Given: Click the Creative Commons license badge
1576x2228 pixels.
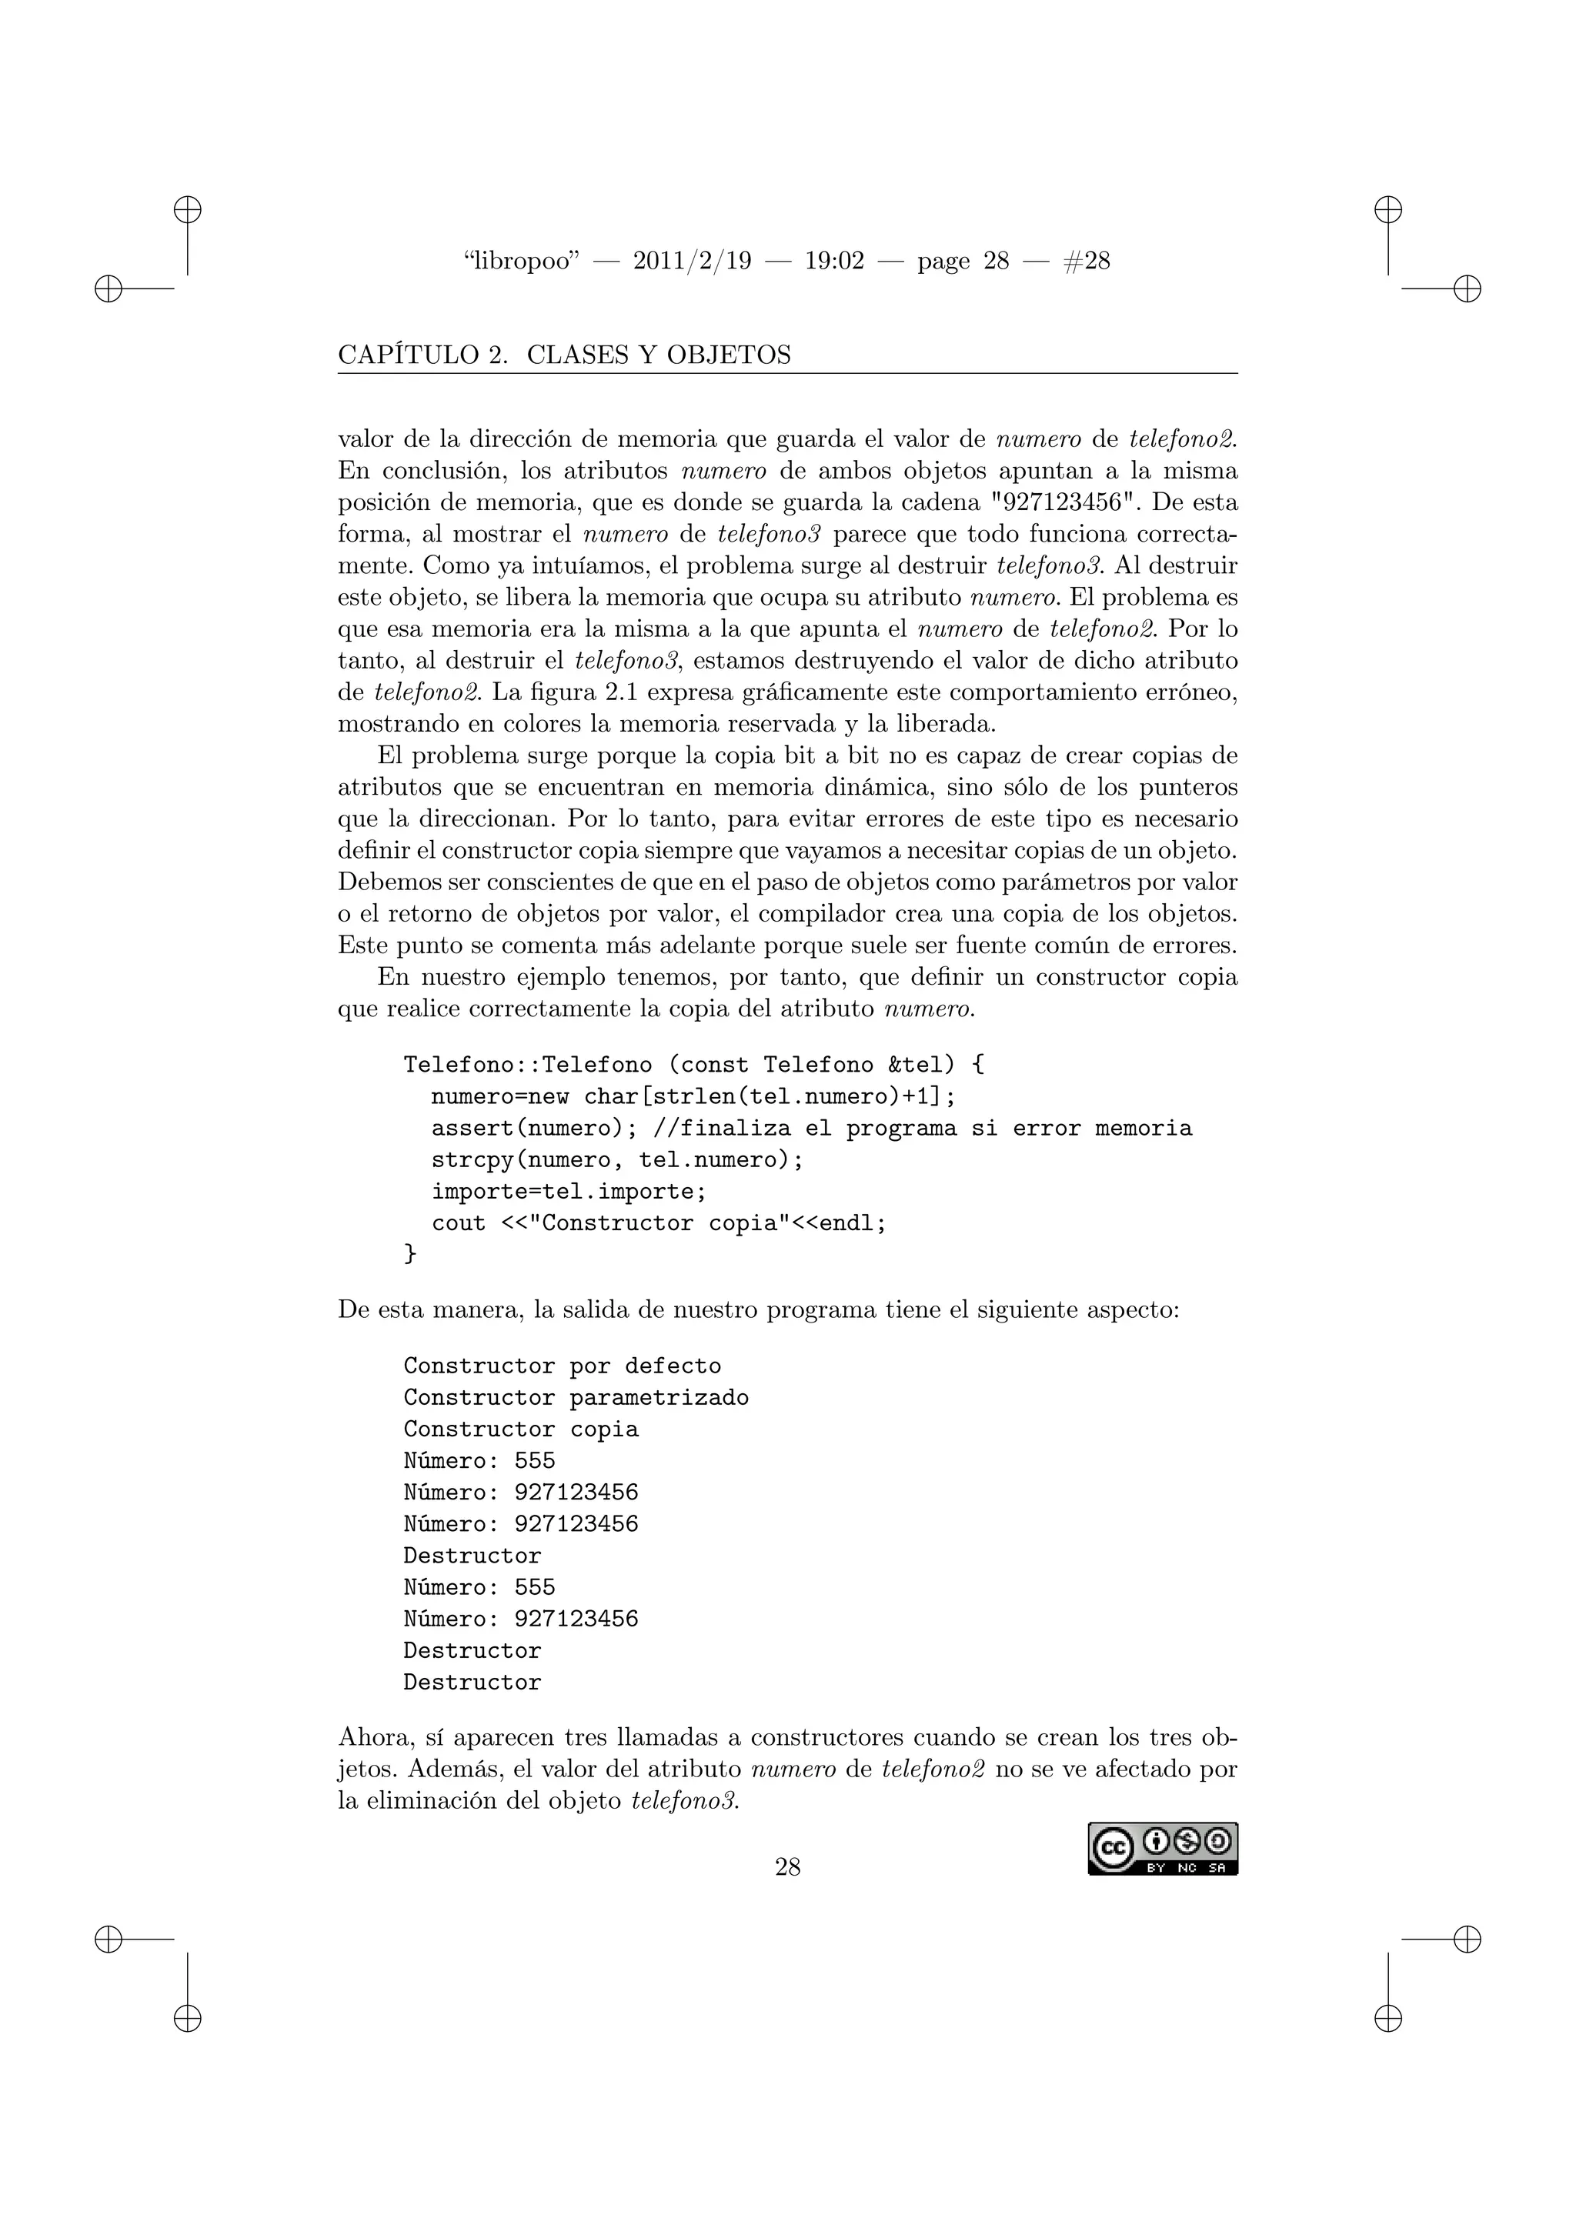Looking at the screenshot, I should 1162,1849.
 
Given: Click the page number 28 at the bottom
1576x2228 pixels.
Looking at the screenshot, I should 787,1866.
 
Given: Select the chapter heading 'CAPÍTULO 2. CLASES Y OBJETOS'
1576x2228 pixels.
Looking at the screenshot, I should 564,355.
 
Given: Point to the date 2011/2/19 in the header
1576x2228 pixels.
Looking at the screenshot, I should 692,261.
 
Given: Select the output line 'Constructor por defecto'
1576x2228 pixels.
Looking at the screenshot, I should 562,1366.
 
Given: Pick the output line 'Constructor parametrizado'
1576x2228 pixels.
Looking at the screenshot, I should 576,1397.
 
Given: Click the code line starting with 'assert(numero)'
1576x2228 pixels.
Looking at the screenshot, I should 811,1129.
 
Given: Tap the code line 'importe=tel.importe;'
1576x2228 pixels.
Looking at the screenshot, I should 569,1192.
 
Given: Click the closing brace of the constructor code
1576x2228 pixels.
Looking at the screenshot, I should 409,1254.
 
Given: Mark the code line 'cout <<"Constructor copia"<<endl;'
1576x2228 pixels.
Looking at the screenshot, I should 659,1224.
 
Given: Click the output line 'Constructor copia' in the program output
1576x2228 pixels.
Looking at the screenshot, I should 520,1429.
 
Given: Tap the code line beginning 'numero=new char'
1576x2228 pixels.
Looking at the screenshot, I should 693,1096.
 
